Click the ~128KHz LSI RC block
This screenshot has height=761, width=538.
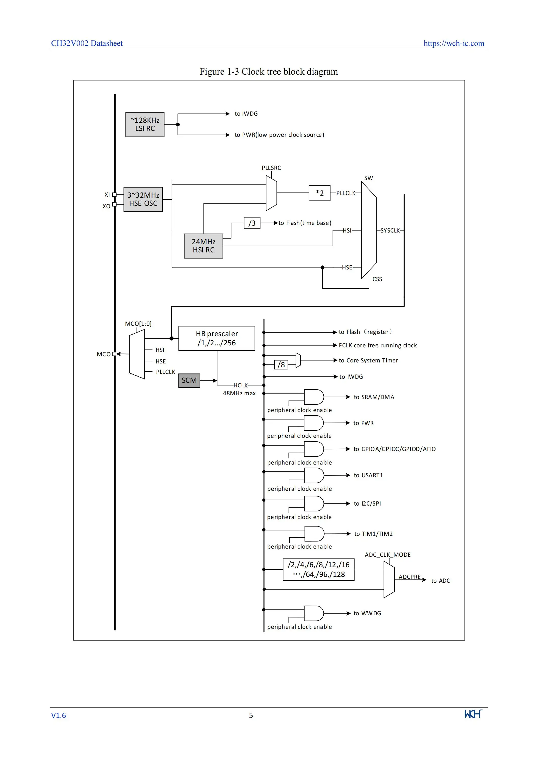tap(145, 125)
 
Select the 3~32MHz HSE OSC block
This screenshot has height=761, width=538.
tap(143, 199)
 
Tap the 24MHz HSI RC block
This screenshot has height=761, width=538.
tap(203, 246)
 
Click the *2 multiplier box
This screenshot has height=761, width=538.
tap(320, 193)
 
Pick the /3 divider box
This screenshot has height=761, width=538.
tap(252, 223)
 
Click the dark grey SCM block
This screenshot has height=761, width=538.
tap(189, 380)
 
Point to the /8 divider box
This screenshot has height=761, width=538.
tap(281, 365)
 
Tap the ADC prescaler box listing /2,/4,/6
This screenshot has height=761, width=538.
tap(319, 570)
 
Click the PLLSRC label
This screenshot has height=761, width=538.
tap(271, 168)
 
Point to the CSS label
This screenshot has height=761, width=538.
tap(377, 279)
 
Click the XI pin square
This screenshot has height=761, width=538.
tap(115, 195)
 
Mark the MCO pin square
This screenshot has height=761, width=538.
tap(114, 354)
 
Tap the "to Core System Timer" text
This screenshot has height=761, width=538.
tap(368, 361)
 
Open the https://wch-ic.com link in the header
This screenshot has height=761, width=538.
tap(454, 43)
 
